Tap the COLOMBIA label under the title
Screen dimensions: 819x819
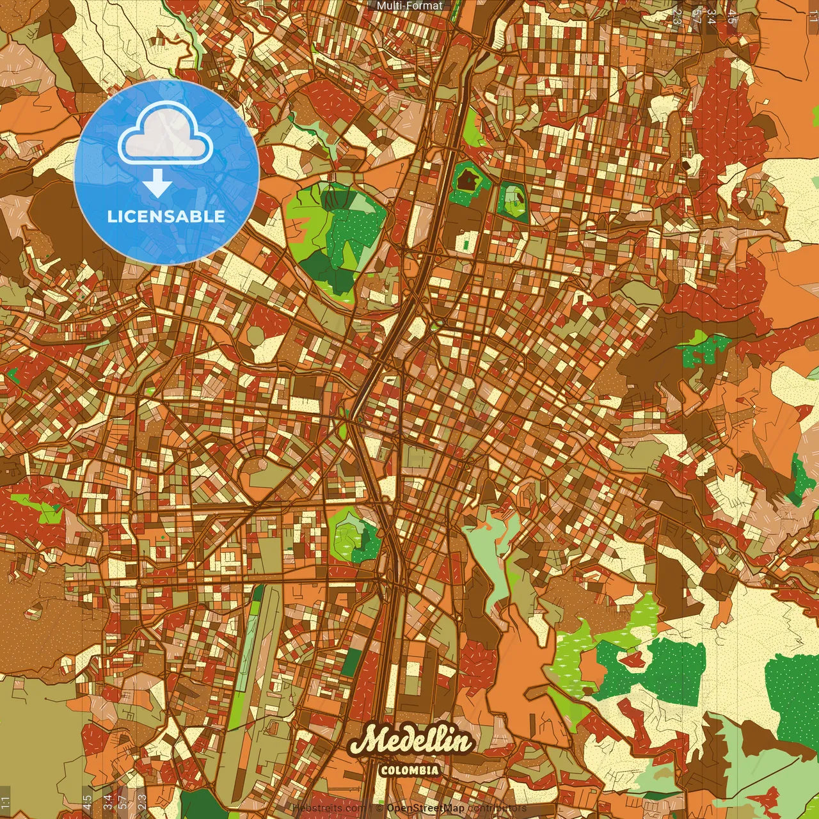[x=409, y=770]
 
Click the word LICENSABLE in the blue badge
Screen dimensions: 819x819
[x=166, y=216]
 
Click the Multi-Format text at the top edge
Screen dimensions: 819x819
[x=409, y=6]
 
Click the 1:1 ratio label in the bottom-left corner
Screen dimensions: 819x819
[x=6, y=801]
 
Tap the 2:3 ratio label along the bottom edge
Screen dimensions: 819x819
[x=142, y=801]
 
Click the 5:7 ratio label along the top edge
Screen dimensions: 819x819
[x=696, y=16]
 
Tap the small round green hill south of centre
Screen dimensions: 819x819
[x=352, y=534]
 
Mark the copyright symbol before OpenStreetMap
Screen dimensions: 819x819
[x=379, y=809]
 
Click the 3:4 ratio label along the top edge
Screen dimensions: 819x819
[x=712, y=16]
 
